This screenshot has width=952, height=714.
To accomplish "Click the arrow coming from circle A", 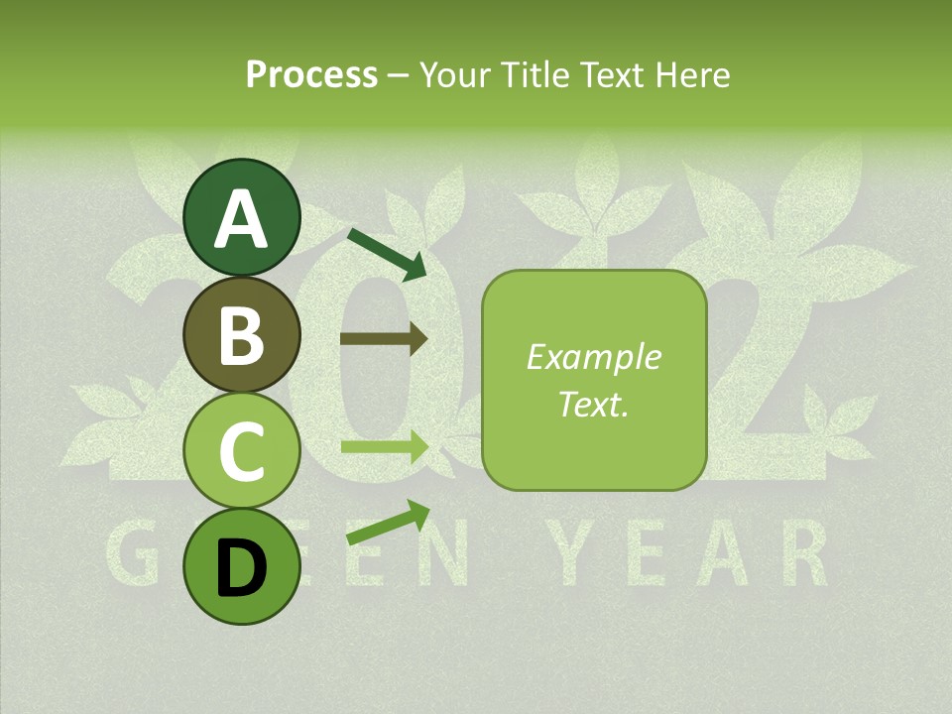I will (387, 254).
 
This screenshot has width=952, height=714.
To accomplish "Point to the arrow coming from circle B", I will (384, 338).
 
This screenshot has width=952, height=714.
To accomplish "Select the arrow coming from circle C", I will (384, 447).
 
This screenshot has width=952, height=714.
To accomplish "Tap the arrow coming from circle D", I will (388, 523).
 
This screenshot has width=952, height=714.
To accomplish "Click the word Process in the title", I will (311, 74).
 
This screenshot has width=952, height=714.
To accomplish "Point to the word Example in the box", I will (594, 357).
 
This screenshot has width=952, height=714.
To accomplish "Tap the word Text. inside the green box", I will (594, 404).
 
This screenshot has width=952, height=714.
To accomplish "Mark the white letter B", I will (241, 335).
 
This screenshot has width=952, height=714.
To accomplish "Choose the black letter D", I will (241, 567).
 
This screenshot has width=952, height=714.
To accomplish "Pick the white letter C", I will (241, 451).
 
